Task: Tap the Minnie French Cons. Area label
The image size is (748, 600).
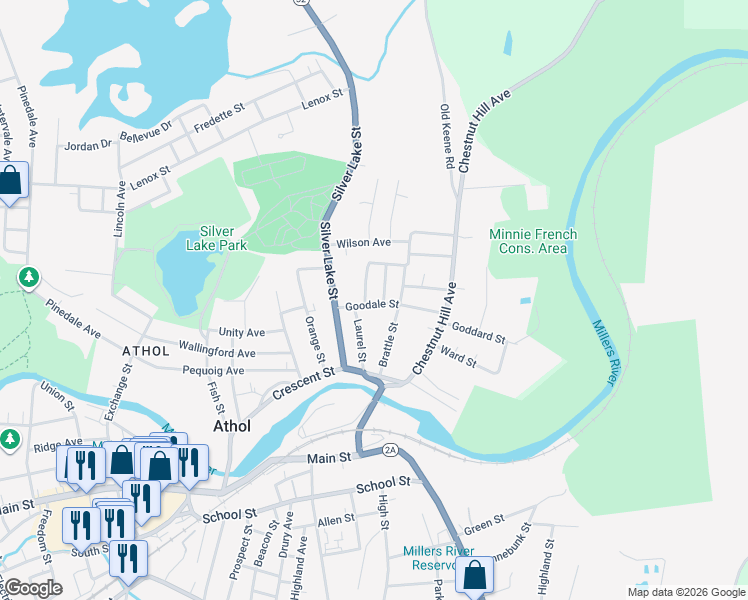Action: point(532,241)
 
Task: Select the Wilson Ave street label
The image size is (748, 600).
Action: point(363,243)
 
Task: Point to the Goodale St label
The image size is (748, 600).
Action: point(373,304)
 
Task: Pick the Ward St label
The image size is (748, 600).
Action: point(457,355)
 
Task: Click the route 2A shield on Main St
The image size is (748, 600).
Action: point(390,451)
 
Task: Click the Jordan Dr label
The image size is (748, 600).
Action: point(87,145)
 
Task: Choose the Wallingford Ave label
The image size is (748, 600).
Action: point(217,352)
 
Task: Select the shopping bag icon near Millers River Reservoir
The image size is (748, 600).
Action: point(475,576)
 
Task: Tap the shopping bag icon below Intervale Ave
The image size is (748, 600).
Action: point(11,182)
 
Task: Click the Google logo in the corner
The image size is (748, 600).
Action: point(33,588)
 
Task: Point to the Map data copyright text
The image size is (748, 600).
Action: point(686,592)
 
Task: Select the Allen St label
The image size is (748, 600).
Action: point(336,520)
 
